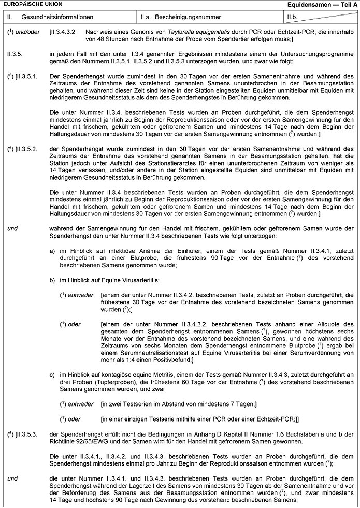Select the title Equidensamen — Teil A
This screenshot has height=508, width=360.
[323, 5]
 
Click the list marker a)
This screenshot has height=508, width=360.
[52, 250]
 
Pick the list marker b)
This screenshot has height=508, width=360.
[52, 280]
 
